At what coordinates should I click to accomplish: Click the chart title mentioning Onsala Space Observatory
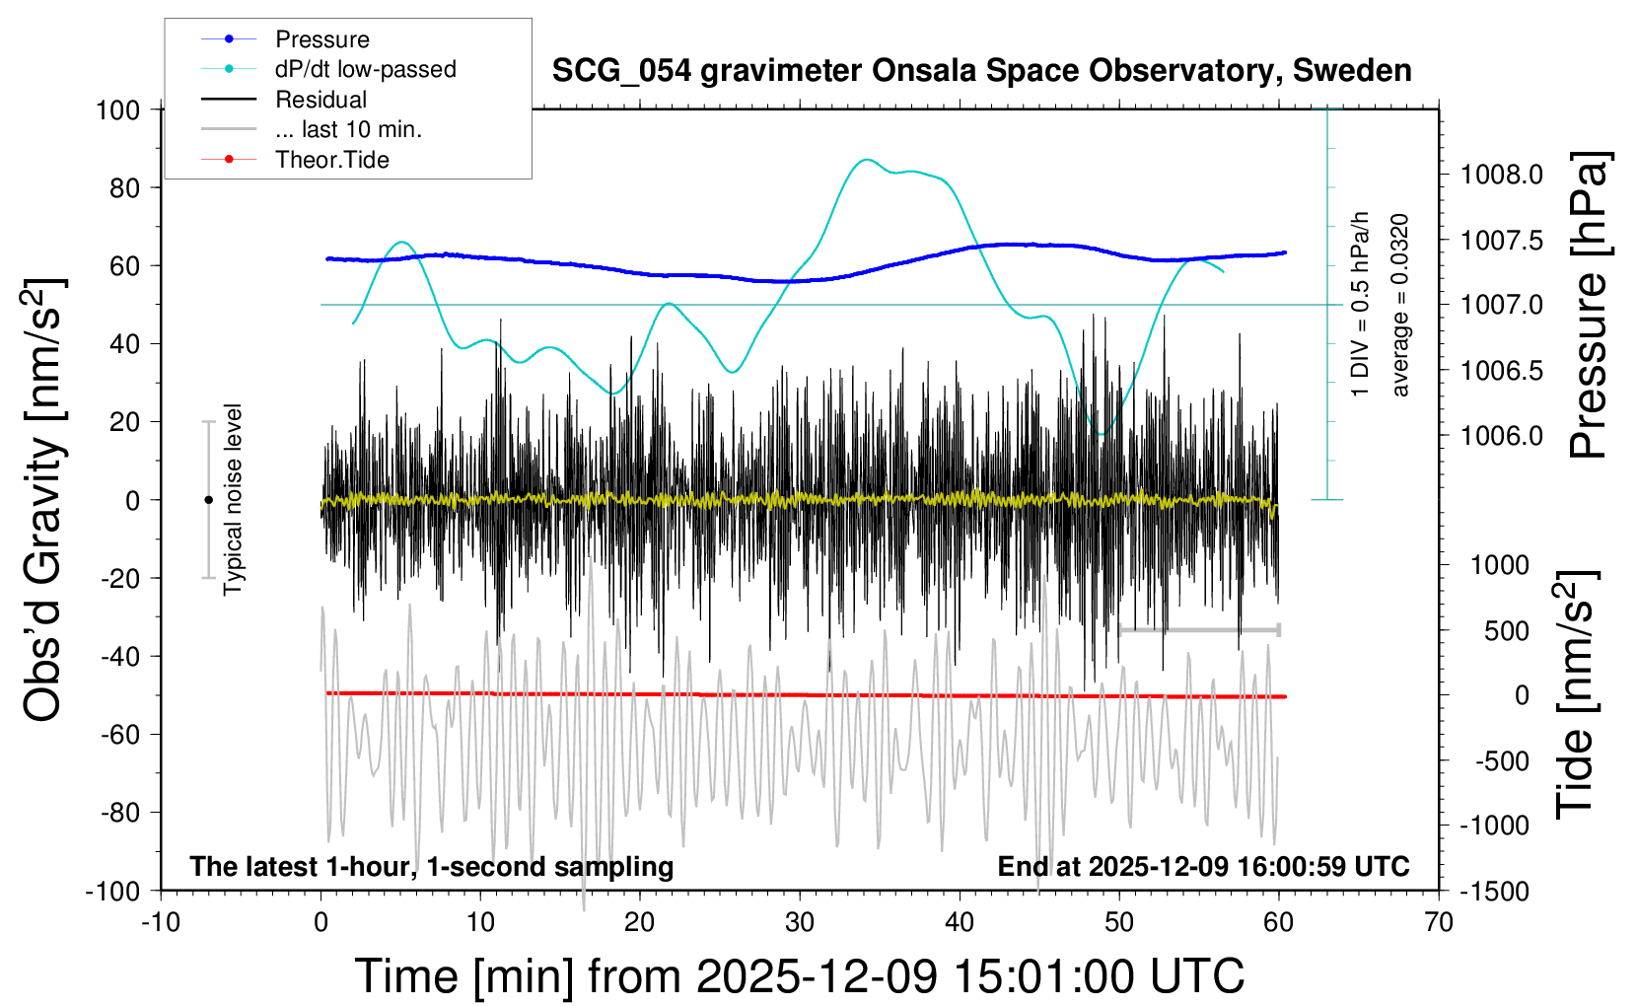(981, 71)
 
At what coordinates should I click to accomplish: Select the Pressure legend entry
(321, 39)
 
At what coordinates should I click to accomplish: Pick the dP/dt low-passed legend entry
(365, 69)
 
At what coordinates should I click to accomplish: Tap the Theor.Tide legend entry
(331, 160)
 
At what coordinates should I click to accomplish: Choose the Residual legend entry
(320, 100)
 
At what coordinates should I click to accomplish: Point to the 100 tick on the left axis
(117, 109)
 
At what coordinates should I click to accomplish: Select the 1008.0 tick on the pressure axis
(1502, 175)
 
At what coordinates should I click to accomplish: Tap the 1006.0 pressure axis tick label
(1502, 435)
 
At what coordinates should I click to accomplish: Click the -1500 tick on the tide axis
(1494, 891)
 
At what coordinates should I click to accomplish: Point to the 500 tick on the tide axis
(1507, 630)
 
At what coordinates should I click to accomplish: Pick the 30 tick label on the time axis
(800, 923)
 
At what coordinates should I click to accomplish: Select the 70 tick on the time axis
(1439, 923)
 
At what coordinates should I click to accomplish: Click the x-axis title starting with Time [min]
(799, 976)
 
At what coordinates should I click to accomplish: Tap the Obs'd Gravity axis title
(44, 500)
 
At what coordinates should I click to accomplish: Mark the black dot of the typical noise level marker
(208, 500)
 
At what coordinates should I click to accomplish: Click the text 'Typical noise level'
(233, 500)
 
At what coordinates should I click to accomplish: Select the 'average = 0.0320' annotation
(1400, 305)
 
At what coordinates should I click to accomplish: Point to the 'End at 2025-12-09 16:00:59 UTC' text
(1203, 867)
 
